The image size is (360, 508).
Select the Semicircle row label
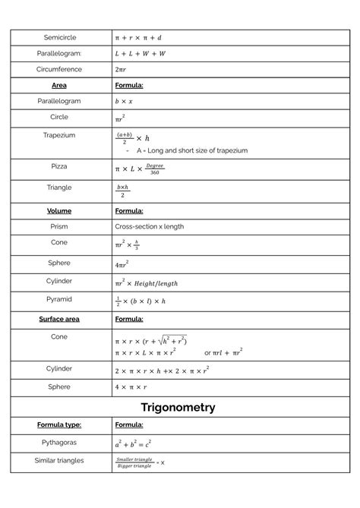click(x=59, y=36)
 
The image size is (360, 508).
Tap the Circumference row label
click(x=59, y=68)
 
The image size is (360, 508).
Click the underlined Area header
click(x=59, y=85)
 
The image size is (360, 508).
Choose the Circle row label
click(x=59, y=117)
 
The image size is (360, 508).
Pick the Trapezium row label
click(x=59, y=134)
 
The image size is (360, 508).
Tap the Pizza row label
click(x=59, y=166)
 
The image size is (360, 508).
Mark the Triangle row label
click(x=59, y=187)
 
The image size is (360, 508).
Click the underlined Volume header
click(x=59, y=210)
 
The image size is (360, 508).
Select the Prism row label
click(x=59, y=226)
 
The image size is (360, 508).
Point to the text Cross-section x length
click(x=150, y=226)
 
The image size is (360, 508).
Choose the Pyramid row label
click(x=59, y=298)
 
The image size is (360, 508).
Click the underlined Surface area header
click(x=59, y=319)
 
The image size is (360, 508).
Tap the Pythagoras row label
click(x=59, y=440)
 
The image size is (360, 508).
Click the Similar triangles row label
click(x=59, y=460)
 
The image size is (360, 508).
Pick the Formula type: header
click(x=59, y=424)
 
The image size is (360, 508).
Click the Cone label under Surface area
click(x=59, y=336)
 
